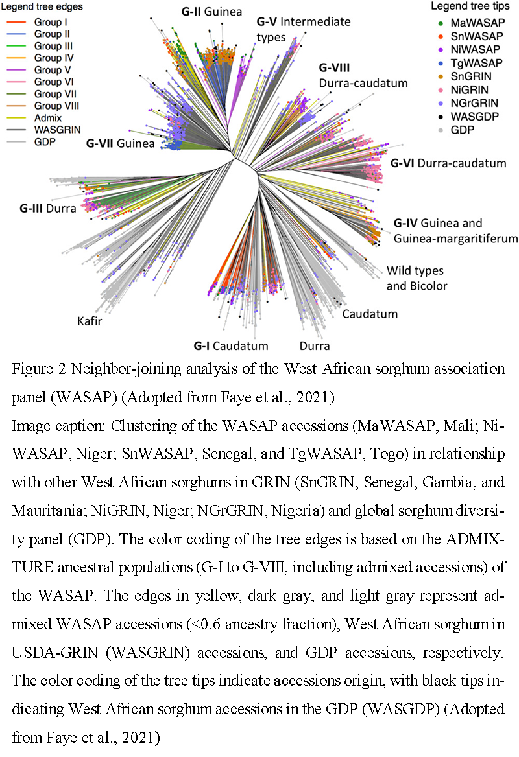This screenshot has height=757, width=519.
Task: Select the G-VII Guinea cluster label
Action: pyautogui.click(x=120, y=143)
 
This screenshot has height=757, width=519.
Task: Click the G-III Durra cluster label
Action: pyautogui.click(x=47, y=209)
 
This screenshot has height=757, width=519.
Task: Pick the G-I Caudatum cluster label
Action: pyautogui.click(x=230, y=345)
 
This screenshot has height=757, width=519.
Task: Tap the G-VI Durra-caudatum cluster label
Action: pyautogui.click(x=448, y=163)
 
